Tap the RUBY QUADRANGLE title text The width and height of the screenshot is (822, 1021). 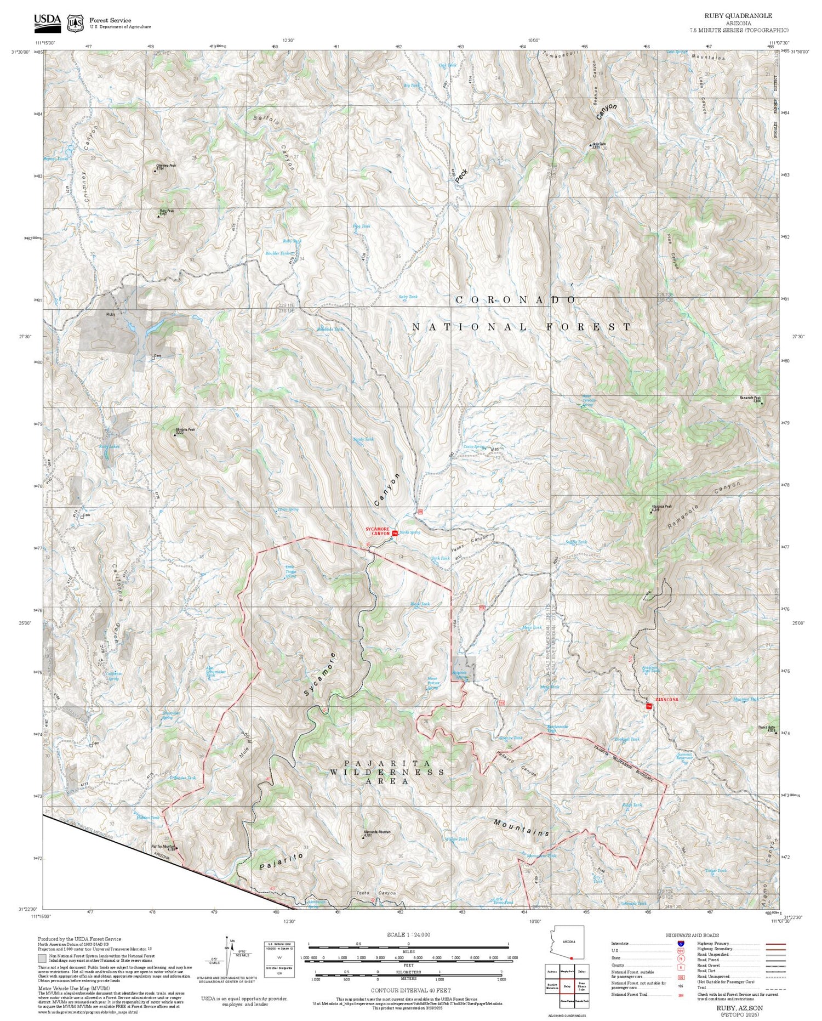coord(738,16)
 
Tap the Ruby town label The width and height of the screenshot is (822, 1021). coord(111,315)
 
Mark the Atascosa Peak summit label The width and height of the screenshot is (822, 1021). coord(661,507)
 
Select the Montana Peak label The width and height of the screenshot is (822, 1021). coord(185,430)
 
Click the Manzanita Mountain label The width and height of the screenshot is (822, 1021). coord(376,832)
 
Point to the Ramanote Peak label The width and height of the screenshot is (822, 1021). coord(750,399)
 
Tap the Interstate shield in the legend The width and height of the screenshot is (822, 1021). coord(681,943)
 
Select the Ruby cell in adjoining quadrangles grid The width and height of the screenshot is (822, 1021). coord(567,986)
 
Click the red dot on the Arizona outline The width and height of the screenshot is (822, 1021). coord(571,958)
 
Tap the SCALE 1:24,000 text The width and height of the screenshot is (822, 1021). coord(408,934)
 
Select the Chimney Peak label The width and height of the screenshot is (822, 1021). coord(165,166)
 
